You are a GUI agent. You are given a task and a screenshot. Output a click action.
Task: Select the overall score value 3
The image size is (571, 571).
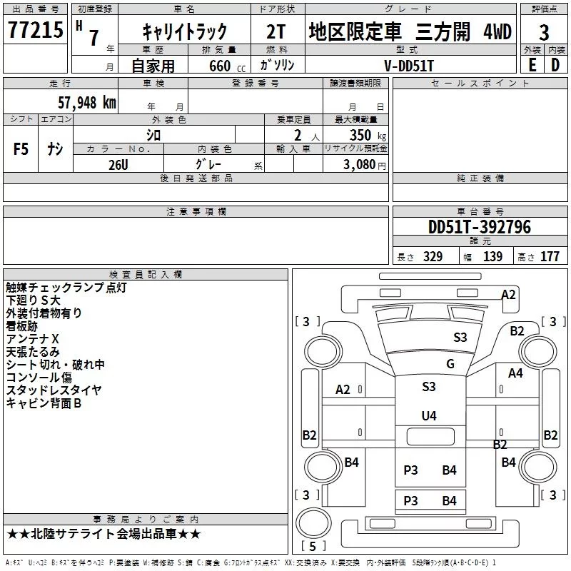click(x=544, y=33)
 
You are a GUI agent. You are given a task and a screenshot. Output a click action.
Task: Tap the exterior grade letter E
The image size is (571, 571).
click(x=531, y=64)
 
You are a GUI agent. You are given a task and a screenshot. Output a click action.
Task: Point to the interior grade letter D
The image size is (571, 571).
click(x=555, y=64)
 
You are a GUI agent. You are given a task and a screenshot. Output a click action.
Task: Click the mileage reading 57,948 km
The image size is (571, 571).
click(x=86, y=102)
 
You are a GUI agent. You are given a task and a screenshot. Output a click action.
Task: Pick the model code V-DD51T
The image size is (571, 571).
click(x=405, y=65)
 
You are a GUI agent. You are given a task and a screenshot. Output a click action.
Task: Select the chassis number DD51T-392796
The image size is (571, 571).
click(x=479, y=227)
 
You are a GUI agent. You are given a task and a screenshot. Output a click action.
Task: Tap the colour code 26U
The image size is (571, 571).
click(x=118, y=163)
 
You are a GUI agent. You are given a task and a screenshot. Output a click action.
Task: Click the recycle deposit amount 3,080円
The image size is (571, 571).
click(x=363, y=164)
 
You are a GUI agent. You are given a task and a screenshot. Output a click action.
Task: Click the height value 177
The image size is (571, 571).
click(x=549, y=257)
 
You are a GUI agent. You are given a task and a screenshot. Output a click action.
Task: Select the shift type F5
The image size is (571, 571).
click(x=21, y=149)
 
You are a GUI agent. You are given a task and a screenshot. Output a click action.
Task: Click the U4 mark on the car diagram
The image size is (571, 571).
click(x=428, y=415)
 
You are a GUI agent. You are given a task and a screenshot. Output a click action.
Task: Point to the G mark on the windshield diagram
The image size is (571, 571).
click(x=450, y=364)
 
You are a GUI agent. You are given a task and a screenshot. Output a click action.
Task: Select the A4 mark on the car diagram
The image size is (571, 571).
click(x=515, y=373)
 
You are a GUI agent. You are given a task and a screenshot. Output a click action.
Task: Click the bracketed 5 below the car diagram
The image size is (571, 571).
click(x=313, y=546)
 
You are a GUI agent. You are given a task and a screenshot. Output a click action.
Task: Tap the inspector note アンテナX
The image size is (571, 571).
click(x=32, y=339)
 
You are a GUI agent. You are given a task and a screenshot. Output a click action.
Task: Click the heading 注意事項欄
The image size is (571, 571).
click(x=196, y=212)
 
